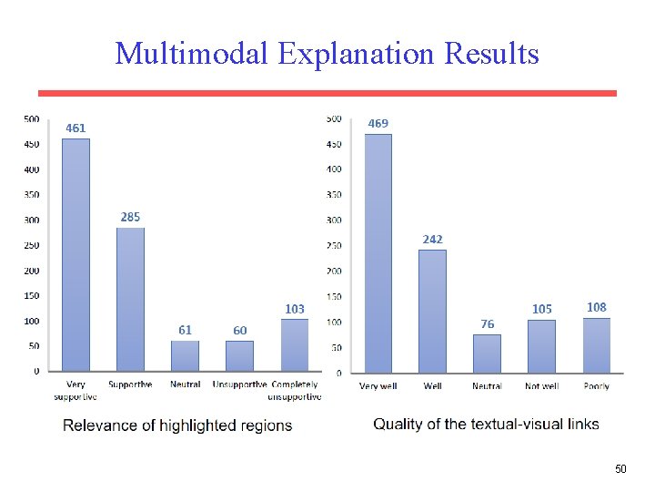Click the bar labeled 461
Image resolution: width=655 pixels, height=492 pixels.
[76, 255]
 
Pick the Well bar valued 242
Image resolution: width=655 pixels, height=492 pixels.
[432, 311]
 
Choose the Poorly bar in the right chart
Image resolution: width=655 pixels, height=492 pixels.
[596, 345]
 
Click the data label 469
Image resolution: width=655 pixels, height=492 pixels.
[378, 123]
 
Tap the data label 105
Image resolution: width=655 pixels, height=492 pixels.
[541, 309]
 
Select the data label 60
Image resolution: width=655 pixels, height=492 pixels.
[239, 330]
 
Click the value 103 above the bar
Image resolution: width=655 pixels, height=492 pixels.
[294, 309]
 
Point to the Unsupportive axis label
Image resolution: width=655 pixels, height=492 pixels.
[239, 384]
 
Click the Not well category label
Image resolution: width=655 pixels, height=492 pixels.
[541, 386]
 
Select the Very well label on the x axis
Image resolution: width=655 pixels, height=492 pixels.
[378, 386]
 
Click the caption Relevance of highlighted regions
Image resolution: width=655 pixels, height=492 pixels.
[177, 425]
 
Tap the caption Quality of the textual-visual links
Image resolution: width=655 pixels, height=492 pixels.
[486, 425]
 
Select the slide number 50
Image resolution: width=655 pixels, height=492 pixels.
[620, 469]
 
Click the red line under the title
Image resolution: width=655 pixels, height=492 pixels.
[327, 93]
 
